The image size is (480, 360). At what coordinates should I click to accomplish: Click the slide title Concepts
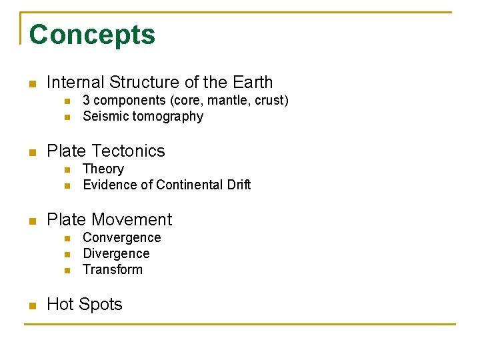(x=92, y=35)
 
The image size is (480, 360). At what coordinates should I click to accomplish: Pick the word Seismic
(x=105, y=117)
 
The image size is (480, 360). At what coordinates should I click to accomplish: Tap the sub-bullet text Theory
(x=103, y=169)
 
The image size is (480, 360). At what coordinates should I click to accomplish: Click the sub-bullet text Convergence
(x=122, y=238)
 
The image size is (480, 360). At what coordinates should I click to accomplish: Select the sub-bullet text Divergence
(x=116, y=254)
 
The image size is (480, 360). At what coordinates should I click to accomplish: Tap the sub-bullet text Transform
(x=113, y=270)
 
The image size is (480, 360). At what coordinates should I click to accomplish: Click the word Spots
(x=101, y=305)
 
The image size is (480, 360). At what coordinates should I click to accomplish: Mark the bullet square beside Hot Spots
(x=31, y=306)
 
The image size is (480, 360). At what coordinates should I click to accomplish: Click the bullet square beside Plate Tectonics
(x=31, y=153)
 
